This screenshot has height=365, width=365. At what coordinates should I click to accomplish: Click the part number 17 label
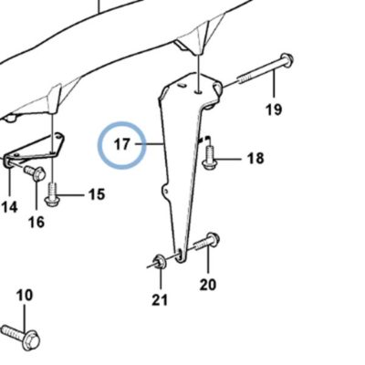[x=121, y=144]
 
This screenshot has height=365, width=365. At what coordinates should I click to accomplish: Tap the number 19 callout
[x=274, y=109]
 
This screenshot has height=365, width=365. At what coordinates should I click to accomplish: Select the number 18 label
[x=255, y=159]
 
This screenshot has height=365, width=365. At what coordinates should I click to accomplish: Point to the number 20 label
[x=208, y=285]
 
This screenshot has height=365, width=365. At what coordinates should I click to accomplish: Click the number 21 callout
[x=160, y=300]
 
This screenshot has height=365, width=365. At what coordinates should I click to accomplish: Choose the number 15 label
[x=97, y=194]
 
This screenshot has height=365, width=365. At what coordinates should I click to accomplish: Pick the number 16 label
[x=36, y=223]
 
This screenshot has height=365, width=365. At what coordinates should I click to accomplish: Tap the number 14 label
[x=9, y=207]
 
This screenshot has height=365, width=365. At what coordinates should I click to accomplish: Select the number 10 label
[x=25, y=295]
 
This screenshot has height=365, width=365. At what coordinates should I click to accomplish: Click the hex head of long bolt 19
[x=287, y=59]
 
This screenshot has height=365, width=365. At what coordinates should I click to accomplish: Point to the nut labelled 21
[x=160, y=262]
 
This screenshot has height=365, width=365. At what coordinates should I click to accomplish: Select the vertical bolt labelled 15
[x=52, y=193]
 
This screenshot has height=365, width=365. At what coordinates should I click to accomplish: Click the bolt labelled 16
[x=35, y=172]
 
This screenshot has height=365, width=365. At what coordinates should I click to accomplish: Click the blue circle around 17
[x=121, y=123]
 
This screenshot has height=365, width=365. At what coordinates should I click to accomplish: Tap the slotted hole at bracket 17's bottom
[x=180, y=255]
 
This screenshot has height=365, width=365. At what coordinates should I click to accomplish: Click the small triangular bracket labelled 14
[x=34, y=148]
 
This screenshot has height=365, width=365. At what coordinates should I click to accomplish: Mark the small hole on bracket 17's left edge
[x=166, y=192]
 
